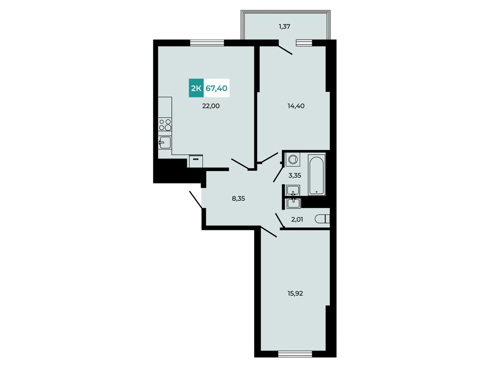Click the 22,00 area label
tap(211, 106)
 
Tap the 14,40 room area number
tap(296, 106)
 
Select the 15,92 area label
tap(295, 294)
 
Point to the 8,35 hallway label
tap(238, 198)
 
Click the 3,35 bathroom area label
tap(295, 175)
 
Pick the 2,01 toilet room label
tap(297, 219)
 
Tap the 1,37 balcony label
tap(285, 27)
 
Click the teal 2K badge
tap(196, 88)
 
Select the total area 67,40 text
tap(216, 88)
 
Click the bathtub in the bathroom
tap(317, 175)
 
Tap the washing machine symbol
tap(293, 159)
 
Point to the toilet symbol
tap(322, 219)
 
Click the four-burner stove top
tap(165, 125)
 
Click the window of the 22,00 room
tap(207, 42)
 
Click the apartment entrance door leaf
tap(196, 200)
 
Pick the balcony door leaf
tap(285, 50)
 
